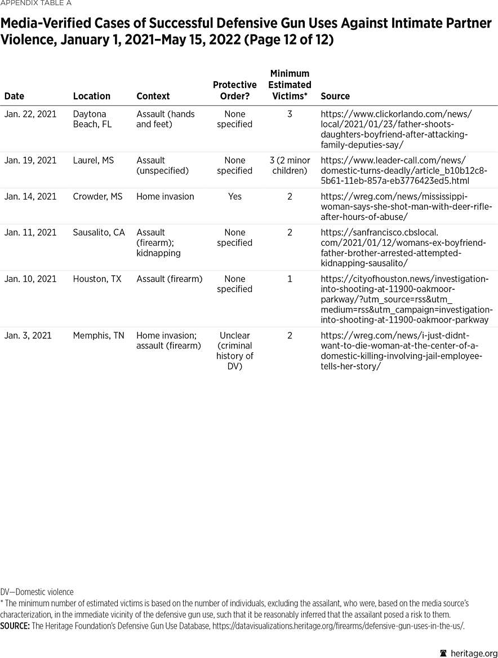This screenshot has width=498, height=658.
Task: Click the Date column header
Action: [x=14, y=96]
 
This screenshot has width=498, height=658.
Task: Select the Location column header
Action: [x=91, y=96]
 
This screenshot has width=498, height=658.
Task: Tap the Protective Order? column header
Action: [x=234, y=90]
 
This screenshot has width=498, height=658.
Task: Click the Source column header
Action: [x=335, y=96]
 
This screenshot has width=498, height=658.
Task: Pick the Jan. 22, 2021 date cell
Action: [x=30, y=114]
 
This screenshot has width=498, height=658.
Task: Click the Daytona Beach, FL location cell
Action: [x=90, y=119]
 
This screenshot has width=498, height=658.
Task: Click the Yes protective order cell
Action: [x=234, y=196]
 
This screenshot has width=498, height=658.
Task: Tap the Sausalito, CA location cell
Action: [x=99, y=232]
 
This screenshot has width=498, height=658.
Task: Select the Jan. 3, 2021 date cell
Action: [x=28, y=335]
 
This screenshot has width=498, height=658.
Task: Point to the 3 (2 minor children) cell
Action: [x=290, y=165]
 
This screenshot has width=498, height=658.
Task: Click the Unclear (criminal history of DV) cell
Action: [x=234, y=350]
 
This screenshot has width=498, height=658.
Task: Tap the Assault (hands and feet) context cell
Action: [x=165, y=119]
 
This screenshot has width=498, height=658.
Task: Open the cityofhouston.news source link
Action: [x=406, y=299]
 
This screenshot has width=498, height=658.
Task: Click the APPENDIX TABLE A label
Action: [x=35, y=3]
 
